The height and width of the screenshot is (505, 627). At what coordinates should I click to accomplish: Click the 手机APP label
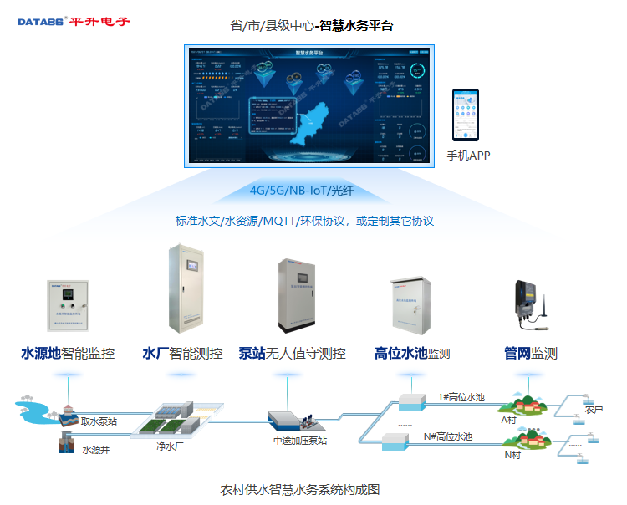click(x=468, y=156)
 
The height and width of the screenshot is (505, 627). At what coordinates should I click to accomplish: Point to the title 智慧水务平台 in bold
click(x=357, y=26)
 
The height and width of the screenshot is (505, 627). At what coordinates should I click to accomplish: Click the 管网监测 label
click(x=530, y=354)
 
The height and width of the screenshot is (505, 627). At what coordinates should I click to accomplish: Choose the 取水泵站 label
click(x=99, y=421)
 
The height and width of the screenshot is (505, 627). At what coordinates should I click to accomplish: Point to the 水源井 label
click(x=94, y=450)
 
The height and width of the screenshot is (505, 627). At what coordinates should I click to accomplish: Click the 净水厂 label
click(x=172, y=447)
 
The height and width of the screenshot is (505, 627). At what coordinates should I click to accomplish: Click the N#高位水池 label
click(x=448, y=436)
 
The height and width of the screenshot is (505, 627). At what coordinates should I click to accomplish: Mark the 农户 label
click(x=594, y=410)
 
